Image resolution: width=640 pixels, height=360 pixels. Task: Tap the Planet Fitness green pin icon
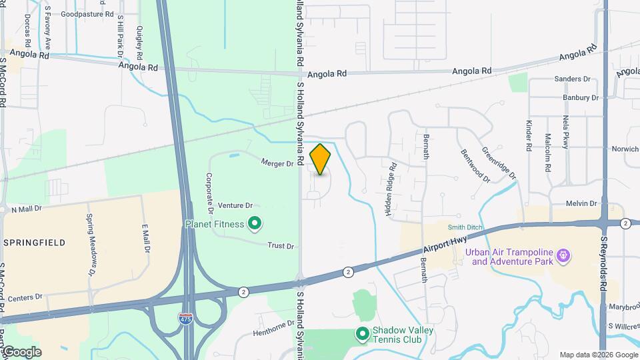tap(254, 223)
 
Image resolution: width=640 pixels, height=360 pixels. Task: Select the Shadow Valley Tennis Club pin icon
tap(363, 333)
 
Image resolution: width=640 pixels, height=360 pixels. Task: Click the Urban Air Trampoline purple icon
tap(563, 255)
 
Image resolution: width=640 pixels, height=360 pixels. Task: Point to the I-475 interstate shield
tap(186, 319)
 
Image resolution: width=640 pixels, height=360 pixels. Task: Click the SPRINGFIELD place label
tap(35, 243)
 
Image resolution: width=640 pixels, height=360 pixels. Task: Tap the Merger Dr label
tap(277, 163)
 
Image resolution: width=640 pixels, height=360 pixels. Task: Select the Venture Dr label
tap(235, 206)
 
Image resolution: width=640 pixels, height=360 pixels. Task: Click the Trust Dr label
tap(280, 246)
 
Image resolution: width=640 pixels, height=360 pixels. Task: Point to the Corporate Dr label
tap(209, 193)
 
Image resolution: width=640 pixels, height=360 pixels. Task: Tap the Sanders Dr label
tap(573, 79)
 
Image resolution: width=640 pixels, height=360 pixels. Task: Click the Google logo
tap(21, 352)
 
